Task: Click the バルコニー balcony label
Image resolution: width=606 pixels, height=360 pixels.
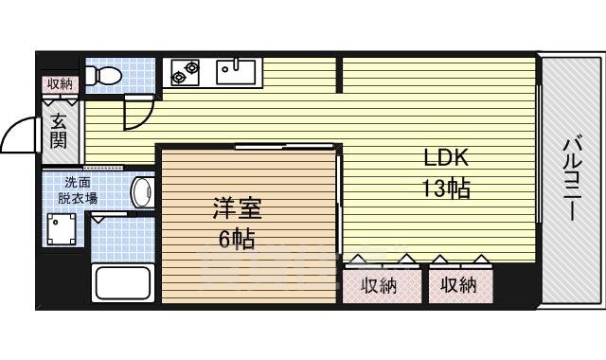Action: coord(572,179)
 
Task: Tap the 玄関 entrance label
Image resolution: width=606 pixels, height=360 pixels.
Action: coord(58,131)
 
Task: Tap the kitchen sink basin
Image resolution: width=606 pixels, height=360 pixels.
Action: coord(232,68)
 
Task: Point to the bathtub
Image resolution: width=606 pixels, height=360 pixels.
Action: coord(121,281)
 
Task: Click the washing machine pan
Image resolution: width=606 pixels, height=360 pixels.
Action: coord(63,228)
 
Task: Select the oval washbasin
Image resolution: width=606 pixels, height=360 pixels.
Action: coord(142,193)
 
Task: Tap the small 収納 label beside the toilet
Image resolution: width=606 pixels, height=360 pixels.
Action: coord(59,84)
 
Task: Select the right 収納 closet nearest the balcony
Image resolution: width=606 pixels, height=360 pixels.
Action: coord(459,285)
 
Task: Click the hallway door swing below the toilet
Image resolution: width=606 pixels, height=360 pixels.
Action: coord(135,113)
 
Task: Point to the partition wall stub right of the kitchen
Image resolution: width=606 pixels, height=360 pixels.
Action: coord(339,75)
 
